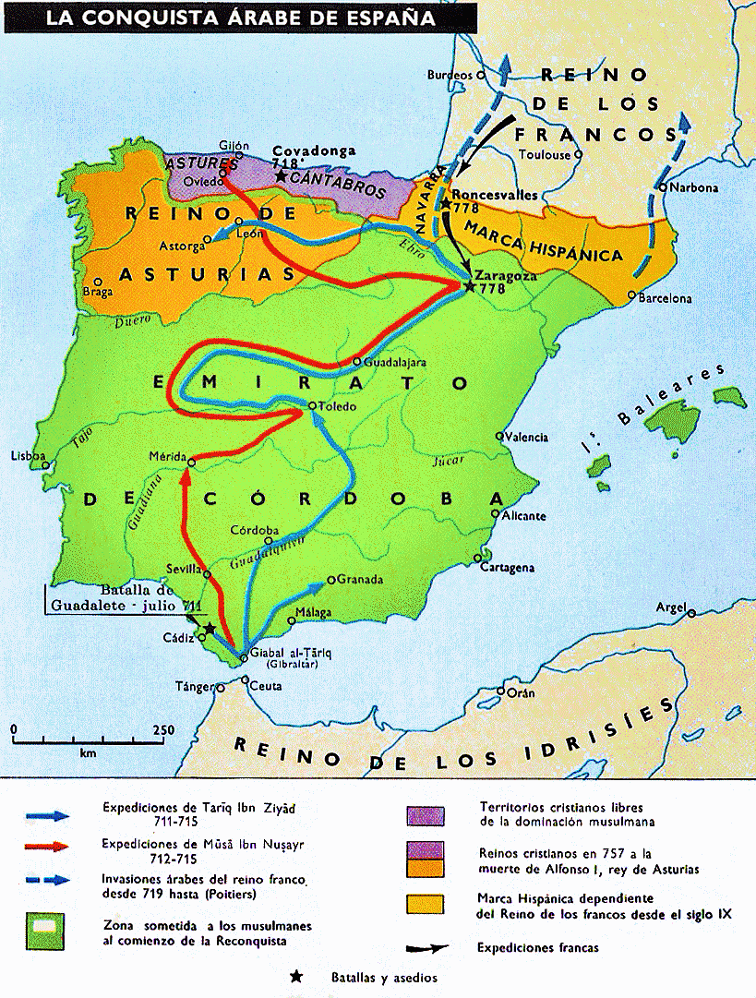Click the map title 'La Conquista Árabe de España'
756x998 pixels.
click(x=238, y=17)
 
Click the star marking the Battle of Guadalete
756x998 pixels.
click(x=210, y=628)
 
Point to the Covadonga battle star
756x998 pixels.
click(x=281, y=174)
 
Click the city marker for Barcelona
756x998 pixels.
click(x=631, y=295)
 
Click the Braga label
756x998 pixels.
click(x=98, y=293)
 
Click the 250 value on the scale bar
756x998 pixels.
click(x=162, y=730)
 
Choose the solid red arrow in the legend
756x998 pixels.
click(x=48, y=845)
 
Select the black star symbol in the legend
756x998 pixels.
click(x=296, y=977)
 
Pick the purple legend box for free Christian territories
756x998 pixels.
click(x=425, y=815)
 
